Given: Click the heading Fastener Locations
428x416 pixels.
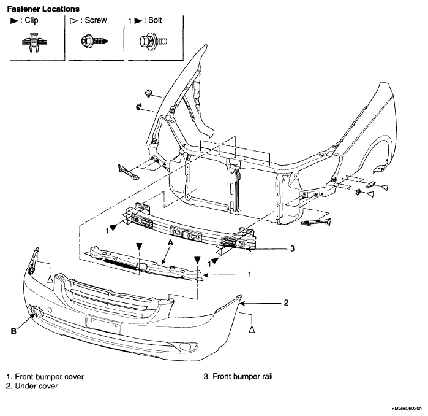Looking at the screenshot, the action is pyautogui.click(x=43, y=9).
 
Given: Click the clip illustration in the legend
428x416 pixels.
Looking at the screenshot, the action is pyautogui.click(x=34, y=42).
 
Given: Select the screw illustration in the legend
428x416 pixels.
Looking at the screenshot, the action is pyautogui.click(x=94, y=41).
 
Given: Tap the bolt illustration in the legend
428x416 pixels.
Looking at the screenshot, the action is pyautogui.click(x=153, y=42).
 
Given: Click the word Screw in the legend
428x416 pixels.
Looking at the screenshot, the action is pyautogui.click(x=96, y=20).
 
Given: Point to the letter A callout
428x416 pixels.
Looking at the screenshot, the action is pyautogui.click(x=171, y=242).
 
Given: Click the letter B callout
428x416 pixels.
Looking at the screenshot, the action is pyautogui.click(x=13, y=331).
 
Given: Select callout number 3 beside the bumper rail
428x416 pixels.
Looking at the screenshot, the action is pyautogui.click(x=292, y=248).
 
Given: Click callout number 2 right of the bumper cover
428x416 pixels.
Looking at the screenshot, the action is pyautogui.click(x=286, y=302).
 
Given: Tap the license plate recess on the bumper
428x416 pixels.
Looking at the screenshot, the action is pyautogui.click(x=103, y=325).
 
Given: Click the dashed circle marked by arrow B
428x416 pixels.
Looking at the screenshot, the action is pyautogui.click(x=37, y=312).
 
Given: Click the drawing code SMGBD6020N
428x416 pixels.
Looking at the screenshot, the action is pyautogui.click(x=407, y=409).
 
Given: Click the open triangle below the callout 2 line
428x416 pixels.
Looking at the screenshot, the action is pyautogui.click(x=252, y=329).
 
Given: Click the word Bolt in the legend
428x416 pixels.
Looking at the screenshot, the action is pyautogui.click(x=155, y=20).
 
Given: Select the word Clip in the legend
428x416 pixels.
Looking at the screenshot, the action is pyautogui.click(x=31, y=20).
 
